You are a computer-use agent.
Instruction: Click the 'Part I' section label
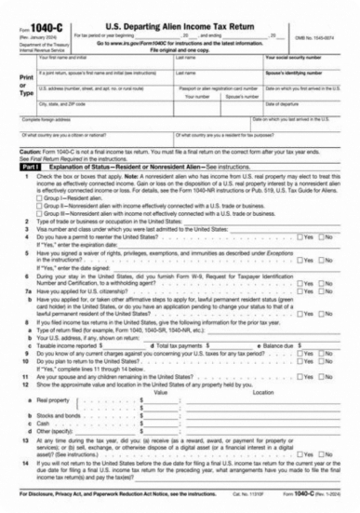coord(28,166)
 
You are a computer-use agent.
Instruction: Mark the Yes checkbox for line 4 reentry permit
coord(299,237)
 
